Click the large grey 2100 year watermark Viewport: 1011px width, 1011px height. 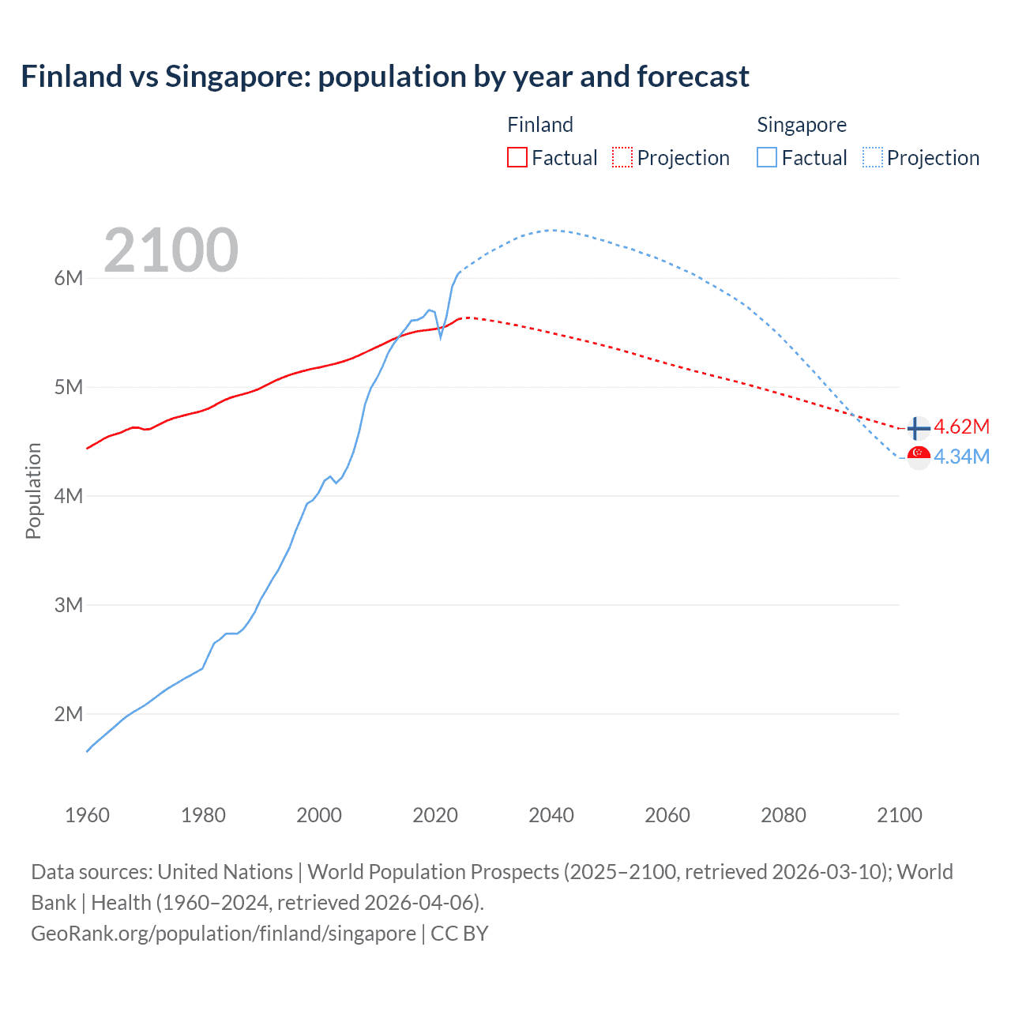click(x=171, y=250)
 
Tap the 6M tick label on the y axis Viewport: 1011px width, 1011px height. click(x=69, y=278)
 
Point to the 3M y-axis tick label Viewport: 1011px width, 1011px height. click(x=69, y=605)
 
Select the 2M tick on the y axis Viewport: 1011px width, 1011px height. click(x=69, y=714)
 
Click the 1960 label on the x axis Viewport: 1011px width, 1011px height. click(x=87, y=815)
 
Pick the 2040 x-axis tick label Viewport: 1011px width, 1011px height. click(x=551, y=815)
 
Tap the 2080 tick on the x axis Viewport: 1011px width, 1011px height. click(x=784, y=815)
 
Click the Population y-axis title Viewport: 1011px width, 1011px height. click(x=33, y=490)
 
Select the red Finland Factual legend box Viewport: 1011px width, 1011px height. click(x=517, y=157)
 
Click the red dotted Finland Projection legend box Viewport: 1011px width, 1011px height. click(x=622, y=157)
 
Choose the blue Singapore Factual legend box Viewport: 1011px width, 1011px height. click(x=767, y=157)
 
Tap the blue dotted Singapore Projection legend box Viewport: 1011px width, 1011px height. click(x=872, y=157)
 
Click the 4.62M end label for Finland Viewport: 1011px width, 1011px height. click(x=961, y=427)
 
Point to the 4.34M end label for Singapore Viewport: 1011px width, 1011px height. click(x=961, y=457)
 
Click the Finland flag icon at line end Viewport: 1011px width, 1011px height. click(x=919, y=428)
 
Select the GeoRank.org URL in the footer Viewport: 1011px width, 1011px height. click(x=224, y=933)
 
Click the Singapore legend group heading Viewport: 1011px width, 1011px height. click(x=801, y=125)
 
